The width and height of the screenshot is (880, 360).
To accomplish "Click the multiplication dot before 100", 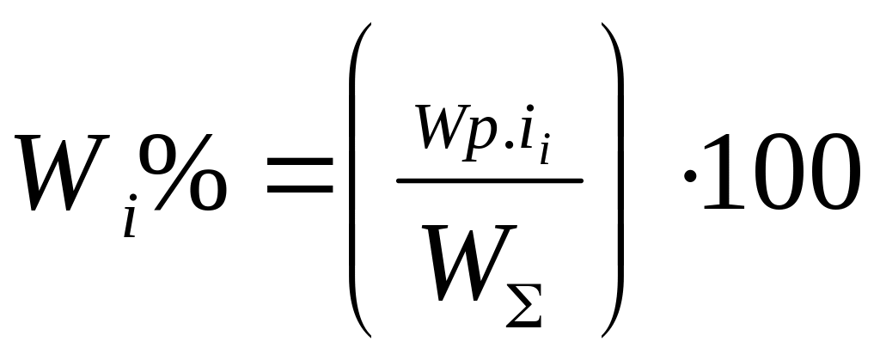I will point(689,176).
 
